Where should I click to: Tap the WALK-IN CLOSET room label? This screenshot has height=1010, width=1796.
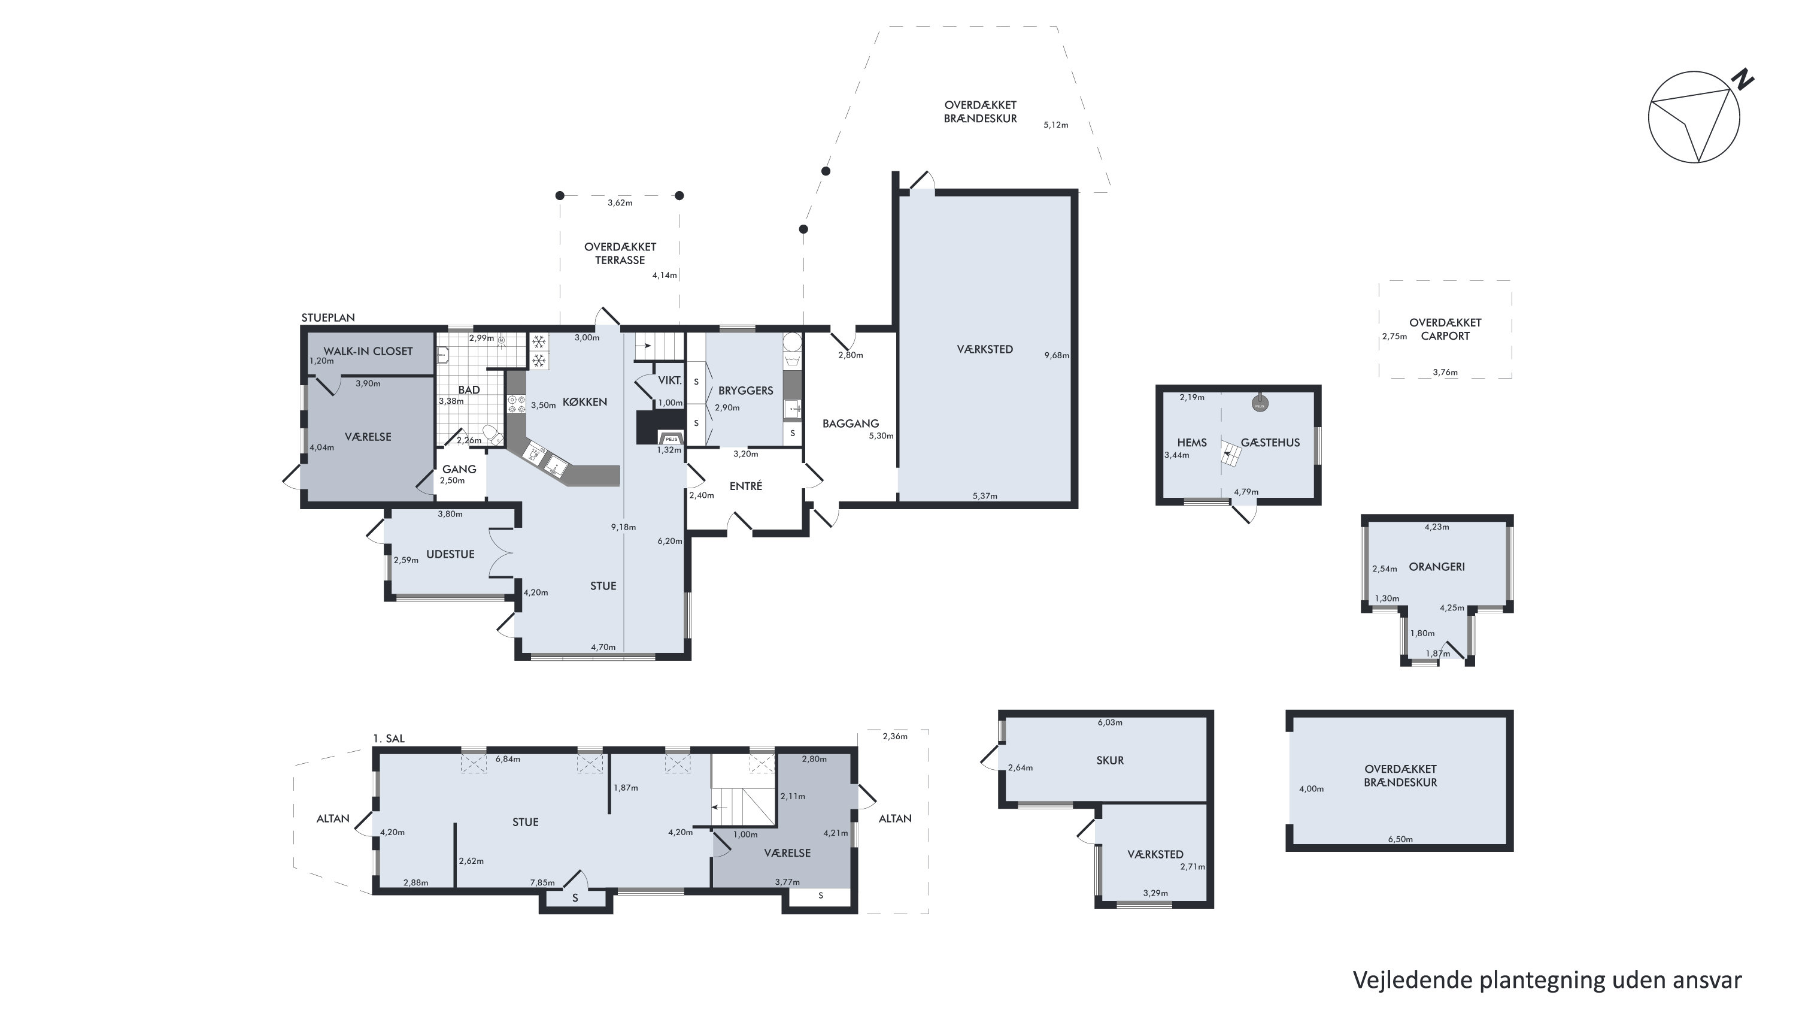[368, 352]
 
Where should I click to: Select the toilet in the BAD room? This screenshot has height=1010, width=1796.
[492, 434]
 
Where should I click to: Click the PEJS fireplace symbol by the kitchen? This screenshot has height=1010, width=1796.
[672, 439]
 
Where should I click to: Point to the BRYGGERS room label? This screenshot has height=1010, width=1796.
[745, 391]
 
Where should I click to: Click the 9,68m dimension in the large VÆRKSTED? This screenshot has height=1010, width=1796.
[1056, 355]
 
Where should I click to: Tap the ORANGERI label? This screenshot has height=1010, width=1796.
[1437, 566]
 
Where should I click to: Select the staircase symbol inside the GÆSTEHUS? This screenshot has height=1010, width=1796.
[1231, 453]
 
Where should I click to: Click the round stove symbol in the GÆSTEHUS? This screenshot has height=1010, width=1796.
[1259, 404]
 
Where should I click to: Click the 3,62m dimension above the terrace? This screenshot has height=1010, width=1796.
[620, 203]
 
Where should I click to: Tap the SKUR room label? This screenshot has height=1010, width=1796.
[1110, 760]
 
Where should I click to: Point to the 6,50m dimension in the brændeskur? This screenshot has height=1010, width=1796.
[1400, 839]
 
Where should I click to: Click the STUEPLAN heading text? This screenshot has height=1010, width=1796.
[327, 318]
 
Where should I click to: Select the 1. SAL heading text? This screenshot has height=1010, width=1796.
[389, 739]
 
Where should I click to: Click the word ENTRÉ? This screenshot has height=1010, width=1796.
[745, 486]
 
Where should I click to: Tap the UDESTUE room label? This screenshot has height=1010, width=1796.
[450, 555]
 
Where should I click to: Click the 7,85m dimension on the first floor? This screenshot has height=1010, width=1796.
[542, 883]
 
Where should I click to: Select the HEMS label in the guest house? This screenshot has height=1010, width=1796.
[1191, 443]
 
